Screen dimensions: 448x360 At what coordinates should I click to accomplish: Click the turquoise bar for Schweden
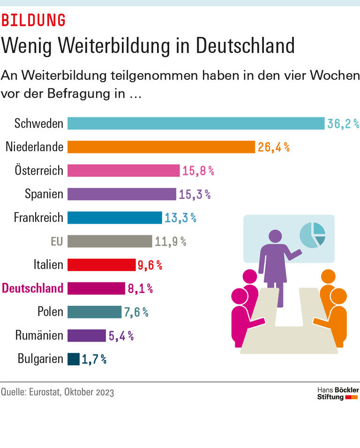click(x=196, y=123)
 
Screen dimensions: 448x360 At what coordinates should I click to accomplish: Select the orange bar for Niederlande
click(x=161, y=147)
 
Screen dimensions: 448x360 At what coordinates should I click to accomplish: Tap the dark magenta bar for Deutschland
click(x=96, y=288)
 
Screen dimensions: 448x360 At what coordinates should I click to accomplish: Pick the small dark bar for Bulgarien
click(x=74, y=359)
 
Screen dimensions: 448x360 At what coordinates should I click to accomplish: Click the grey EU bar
click(x=110, y=241)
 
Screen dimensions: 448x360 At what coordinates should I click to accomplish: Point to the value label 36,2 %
click(x=343, y=124)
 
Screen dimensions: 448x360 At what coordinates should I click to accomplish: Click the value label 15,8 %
click(x=198, y=171)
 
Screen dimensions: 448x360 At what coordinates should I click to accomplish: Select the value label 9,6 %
click(x=150, y=265)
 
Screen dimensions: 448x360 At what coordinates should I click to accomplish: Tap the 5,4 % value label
click(x=121, y=335)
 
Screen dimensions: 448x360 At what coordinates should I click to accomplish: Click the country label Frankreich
click(x=38, y=218)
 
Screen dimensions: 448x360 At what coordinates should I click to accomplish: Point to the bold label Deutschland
click(x=33, y=288)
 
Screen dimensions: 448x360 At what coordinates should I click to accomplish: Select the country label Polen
click(x=50, y=311)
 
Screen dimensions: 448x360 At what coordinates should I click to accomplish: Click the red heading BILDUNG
click(x=33, y=20)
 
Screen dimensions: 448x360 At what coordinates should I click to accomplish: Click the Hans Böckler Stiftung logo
click(x=337, y=393)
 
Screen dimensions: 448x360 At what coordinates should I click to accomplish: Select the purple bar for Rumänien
click(x=87, y=335)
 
